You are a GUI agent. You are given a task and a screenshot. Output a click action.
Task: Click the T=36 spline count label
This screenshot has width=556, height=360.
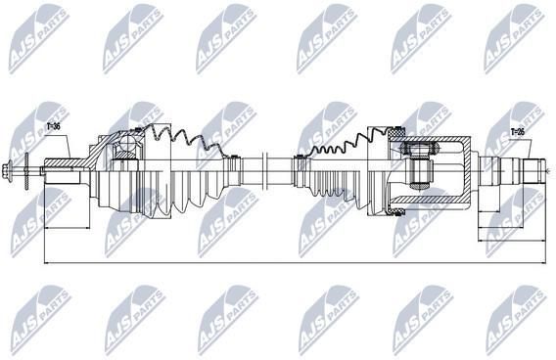point(53,127)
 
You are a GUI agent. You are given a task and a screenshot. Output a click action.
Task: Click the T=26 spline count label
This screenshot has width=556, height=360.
point(518,132)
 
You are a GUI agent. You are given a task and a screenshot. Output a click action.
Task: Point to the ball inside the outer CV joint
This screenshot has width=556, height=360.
point(126,144)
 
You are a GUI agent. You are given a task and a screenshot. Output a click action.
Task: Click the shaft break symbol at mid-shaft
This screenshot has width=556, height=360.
point(263,170)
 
